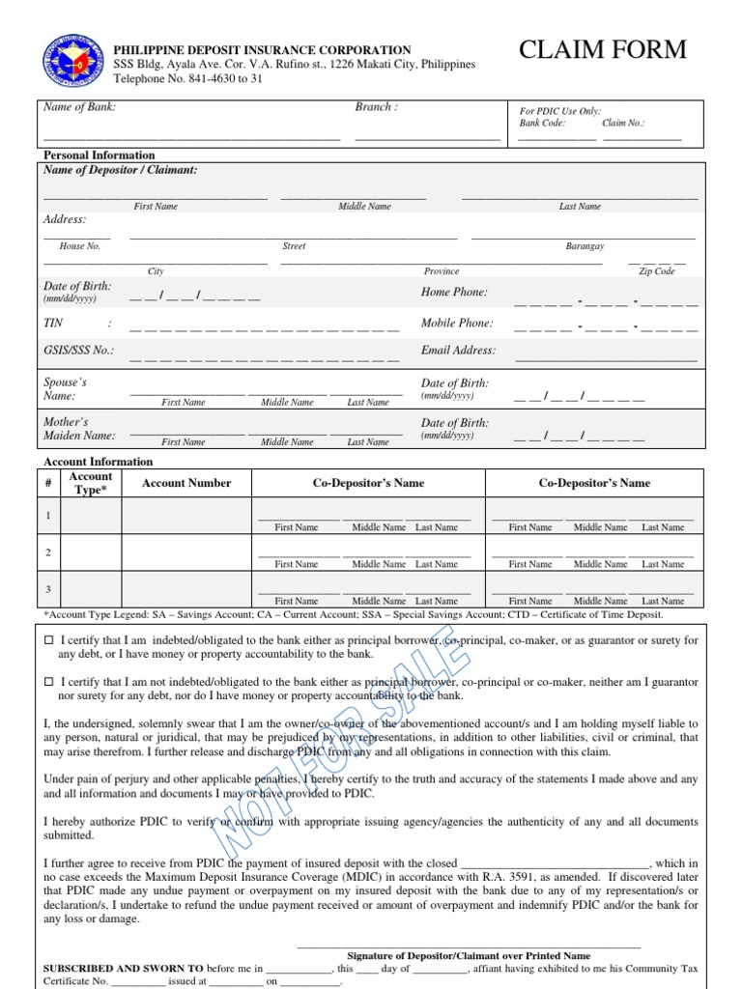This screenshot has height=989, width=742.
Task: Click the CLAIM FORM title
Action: click(603, 49)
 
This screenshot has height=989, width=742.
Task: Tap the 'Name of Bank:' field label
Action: click(79, 107)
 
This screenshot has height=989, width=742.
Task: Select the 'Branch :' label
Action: click(376, 107)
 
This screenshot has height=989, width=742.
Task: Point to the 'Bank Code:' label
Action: click(542, 124)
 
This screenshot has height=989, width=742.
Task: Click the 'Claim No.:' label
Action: click(623, 124)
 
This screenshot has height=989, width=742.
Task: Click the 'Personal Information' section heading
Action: click(100, 155)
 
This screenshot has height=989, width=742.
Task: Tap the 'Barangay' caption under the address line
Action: click(585, 246)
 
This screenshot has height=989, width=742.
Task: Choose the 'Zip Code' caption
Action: click(657, 271)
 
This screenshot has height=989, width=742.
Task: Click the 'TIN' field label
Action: click(53, 324)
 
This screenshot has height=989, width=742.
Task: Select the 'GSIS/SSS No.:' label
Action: click(78, 351)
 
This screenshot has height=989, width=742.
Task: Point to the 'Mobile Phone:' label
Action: click(457, 324)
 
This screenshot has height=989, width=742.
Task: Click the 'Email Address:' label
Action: click(458, 351)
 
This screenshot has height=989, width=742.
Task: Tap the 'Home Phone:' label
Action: click(454, 292)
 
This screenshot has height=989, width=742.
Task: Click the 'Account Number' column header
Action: click(186, 483)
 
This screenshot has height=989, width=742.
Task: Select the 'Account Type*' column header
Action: click(91, 483)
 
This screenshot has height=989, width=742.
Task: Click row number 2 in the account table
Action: click(48, 552)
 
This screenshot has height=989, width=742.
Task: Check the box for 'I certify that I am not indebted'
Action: click(49, 682)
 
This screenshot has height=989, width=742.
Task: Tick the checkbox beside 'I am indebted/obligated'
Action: click(49, 640)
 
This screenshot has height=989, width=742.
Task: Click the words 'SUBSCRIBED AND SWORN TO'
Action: click(125, 966)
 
